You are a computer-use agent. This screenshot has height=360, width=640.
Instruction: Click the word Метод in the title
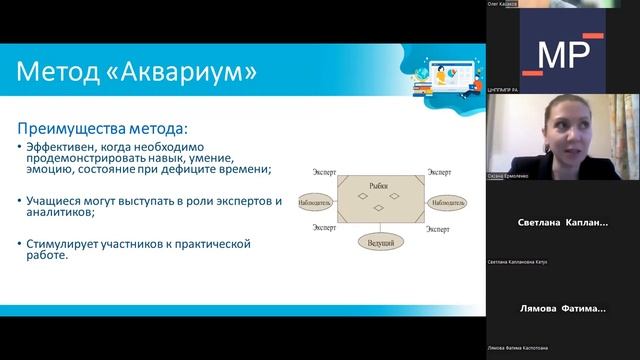click(x=62, y=72)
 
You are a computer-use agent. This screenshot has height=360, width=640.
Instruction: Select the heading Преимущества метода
click(x=103, y=128)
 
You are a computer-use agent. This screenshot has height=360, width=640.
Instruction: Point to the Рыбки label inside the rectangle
click(x=377, y=186)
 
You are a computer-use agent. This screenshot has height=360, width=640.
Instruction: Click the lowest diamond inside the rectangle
click(x=378, y=211)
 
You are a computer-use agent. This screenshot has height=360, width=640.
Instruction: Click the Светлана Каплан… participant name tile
click(x=563, y=223)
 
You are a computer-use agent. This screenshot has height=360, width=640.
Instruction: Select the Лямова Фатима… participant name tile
click(x=563, y=308)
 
